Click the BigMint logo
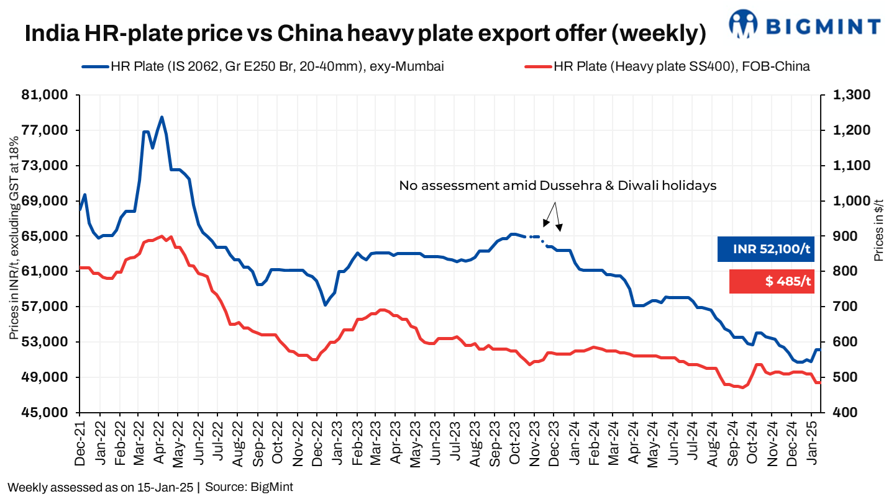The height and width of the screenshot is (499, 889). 804,24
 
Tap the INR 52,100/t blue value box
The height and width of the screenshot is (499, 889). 765,249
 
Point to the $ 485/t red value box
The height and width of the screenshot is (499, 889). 772,281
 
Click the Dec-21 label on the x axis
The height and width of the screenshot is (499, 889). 80,440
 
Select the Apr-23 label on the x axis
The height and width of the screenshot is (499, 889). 394,440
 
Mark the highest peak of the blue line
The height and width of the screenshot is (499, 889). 162,117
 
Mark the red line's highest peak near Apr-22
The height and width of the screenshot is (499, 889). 162,236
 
